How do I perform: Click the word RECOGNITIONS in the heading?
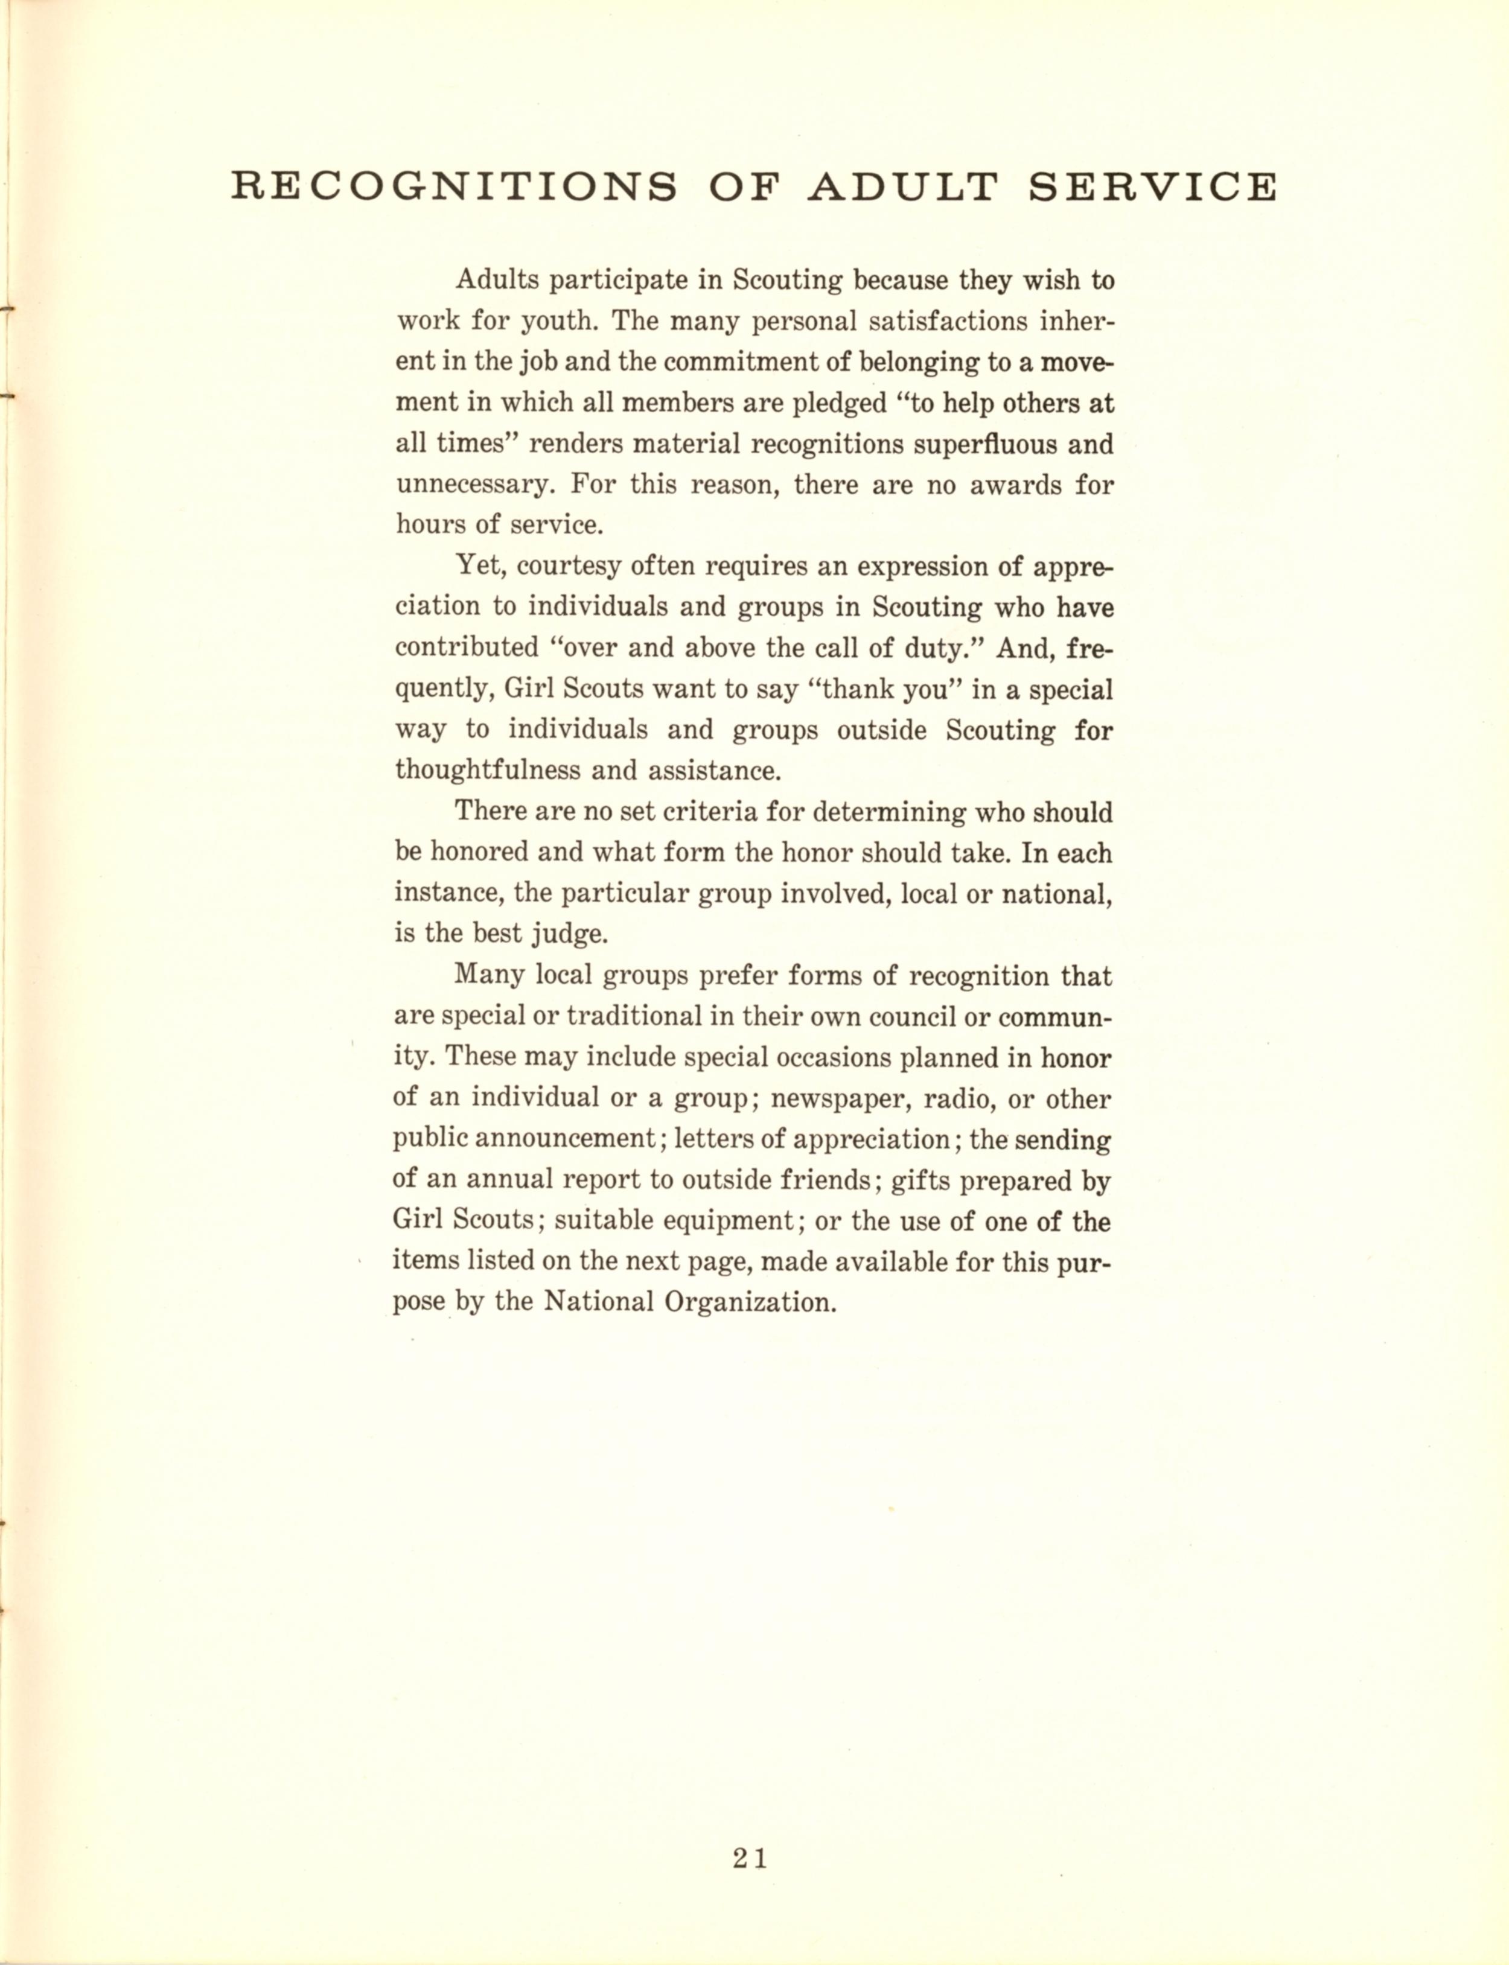[x=453, y=187]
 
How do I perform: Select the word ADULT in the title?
[x=904, y=187]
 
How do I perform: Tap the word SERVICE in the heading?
[x=1152, y=187]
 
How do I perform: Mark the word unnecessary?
[x=473, y=485]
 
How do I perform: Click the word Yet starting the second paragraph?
[x=477, y=566]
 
